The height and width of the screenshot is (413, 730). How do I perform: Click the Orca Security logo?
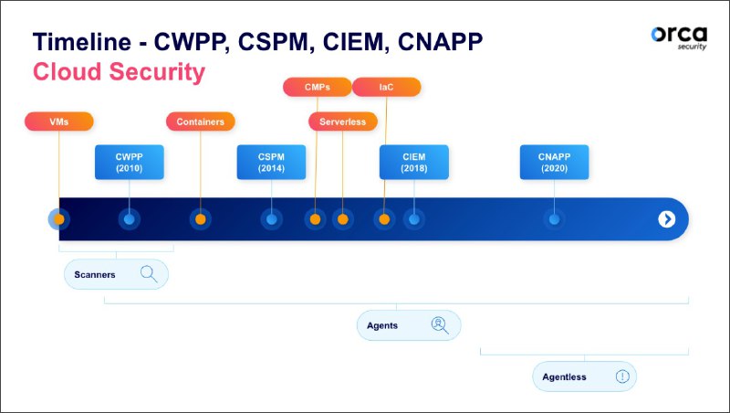pyautogui.click(x=678, y=37)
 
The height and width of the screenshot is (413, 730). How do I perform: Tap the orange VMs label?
pyautogui.click(x=58, y=122)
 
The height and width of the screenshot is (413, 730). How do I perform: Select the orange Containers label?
pyautogui.click(x=200, y=122)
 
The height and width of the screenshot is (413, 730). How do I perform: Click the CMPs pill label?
pyautogui.click(x=317, y=88)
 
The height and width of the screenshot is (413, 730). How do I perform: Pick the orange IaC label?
pyautogui.click(x=386, y=88)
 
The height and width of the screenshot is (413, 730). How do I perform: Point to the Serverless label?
pyautogui.click(x=342, y=122)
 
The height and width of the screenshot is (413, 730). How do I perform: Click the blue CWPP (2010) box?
pyautogui.click(x=129, y=162)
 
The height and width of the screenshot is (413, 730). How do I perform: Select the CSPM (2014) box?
pyautogui.click(x=271, y=162)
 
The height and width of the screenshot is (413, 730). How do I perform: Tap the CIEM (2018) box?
pyautogui.click(x=413, y=162)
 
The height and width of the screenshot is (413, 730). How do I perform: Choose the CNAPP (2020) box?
pyautogui.click(x=554, y=162)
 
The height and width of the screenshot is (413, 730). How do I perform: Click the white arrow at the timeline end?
pyautogui.click(x=667, y=219)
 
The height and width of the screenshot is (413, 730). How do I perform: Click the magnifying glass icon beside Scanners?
pyautogui.click(x=148, y=274)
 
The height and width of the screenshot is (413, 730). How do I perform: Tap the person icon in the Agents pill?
pyautogui.click(x=439, y=324)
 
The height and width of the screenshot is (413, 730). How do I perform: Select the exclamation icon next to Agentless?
pyautogui.click(x=622, y=376)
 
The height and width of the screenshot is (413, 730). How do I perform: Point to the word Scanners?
pyautogui.click(x=95, y=274)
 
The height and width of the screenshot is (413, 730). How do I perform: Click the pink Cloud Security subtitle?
pyautogui.click(x=119, y=72)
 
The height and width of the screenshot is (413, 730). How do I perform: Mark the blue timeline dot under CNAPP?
pyautogui.click(x=554, y=219)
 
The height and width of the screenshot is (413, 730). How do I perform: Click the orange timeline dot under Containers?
pyautogui.click(x=200, y=219)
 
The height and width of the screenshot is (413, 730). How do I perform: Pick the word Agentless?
pyautogui.click(x=566, y=376)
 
